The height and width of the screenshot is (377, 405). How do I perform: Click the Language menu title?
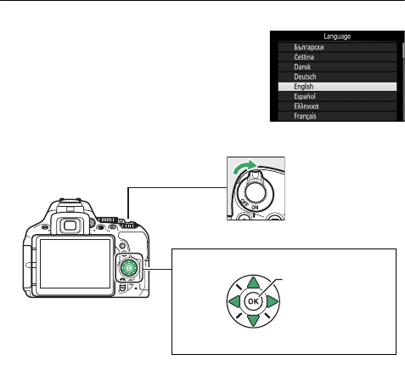click(x=337, y=37)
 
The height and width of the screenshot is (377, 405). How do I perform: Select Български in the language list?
click(x=309, y=47)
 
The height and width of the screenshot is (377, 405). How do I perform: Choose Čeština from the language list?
click(x=304, y=57)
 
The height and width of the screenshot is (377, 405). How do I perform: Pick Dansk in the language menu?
click(x=302, y=67)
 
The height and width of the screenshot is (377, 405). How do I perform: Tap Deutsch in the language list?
click(x=305, y=77)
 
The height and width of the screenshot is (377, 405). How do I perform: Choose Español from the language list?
click(x=305, y=96)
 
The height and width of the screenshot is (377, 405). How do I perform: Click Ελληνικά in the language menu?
click(x=307, y=106)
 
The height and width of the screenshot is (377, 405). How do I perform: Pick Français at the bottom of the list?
click(x=305, y=116)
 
